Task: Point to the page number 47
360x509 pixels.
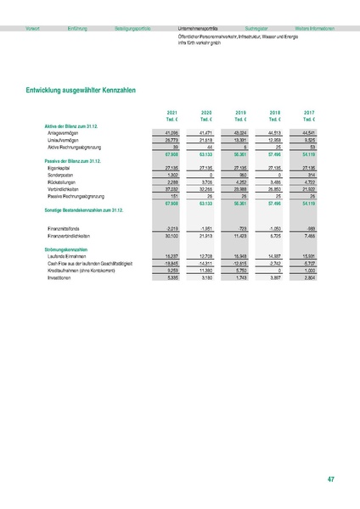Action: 330,479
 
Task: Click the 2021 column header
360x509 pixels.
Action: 172,112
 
